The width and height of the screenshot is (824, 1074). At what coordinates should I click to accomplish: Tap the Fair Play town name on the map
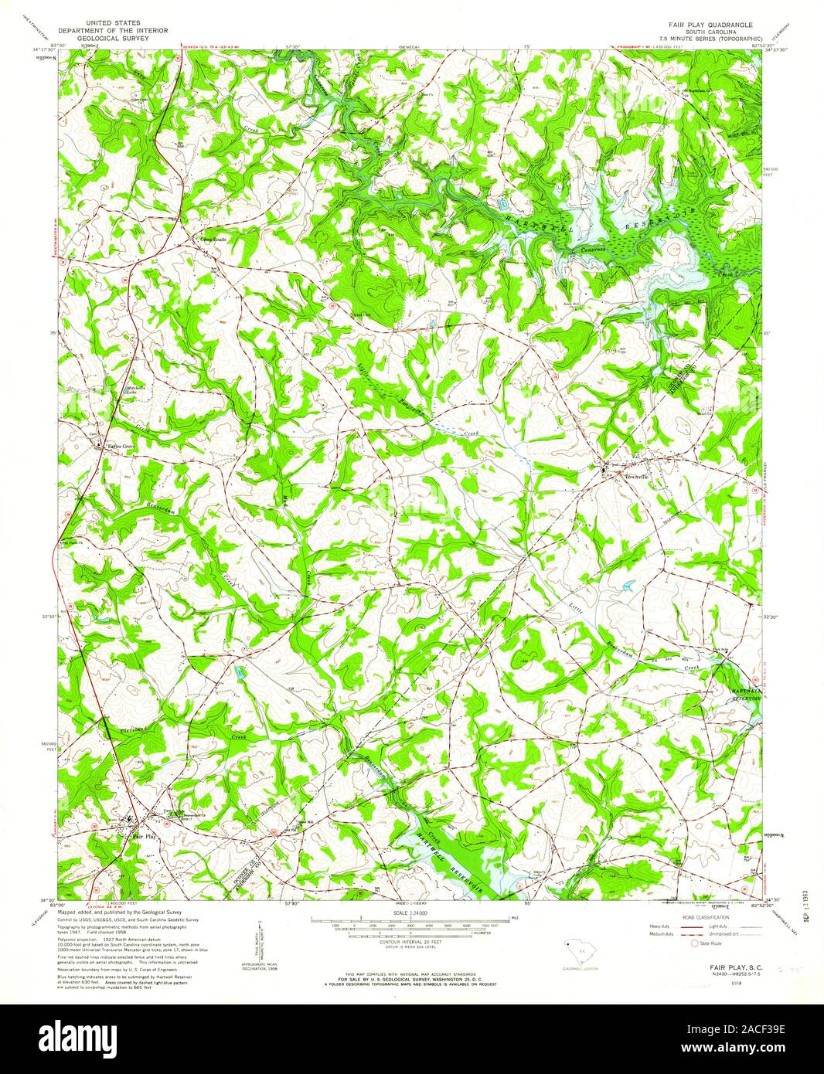coord(144,836)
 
